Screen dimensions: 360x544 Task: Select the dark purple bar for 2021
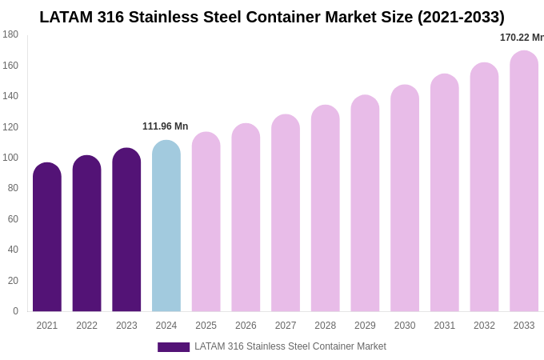click(x=47, y=238)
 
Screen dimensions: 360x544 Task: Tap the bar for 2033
click(x=524, y=182)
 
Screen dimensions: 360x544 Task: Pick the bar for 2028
click(x=326, y=209)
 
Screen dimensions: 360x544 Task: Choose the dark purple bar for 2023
click(x=126, y=230)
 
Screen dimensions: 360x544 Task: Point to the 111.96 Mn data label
click(x=165, y=126)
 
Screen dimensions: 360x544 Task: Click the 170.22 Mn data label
click(x=521, y=38)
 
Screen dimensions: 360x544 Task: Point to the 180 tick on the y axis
click(x=10, y=34)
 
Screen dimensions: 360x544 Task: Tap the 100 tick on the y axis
click(x=10, y=158)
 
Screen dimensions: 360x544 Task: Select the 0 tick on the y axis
click(x=15, y=311)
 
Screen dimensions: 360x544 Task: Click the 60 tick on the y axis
click(x=13, y=219)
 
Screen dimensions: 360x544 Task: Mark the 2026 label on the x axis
click(x=246, y=326)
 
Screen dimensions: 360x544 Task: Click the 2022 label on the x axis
click(x=86, y=326)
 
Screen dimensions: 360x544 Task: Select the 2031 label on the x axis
click(x=444, y=326)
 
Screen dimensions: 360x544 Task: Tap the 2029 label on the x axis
click(x=365, y=326)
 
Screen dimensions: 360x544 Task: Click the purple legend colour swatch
click(x=174, y=347)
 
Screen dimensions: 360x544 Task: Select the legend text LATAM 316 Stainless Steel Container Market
click(x=290, y=346)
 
